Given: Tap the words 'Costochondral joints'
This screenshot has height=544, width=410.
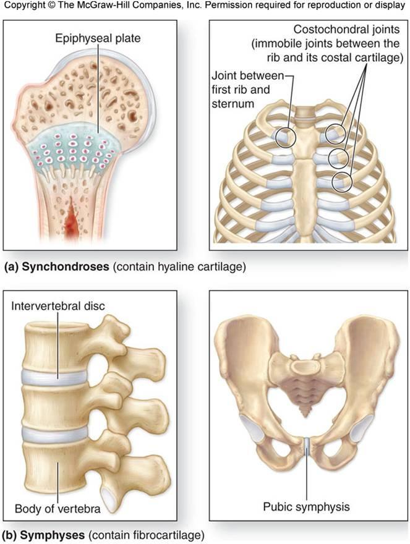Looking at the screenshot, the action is [348, 30].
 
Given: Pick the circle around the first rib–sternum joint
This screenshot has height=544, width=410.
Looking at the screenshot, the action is [285, 136].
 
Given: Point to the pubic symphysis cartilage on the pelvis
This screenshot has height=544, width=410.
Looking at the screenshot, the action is [307, 444].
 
